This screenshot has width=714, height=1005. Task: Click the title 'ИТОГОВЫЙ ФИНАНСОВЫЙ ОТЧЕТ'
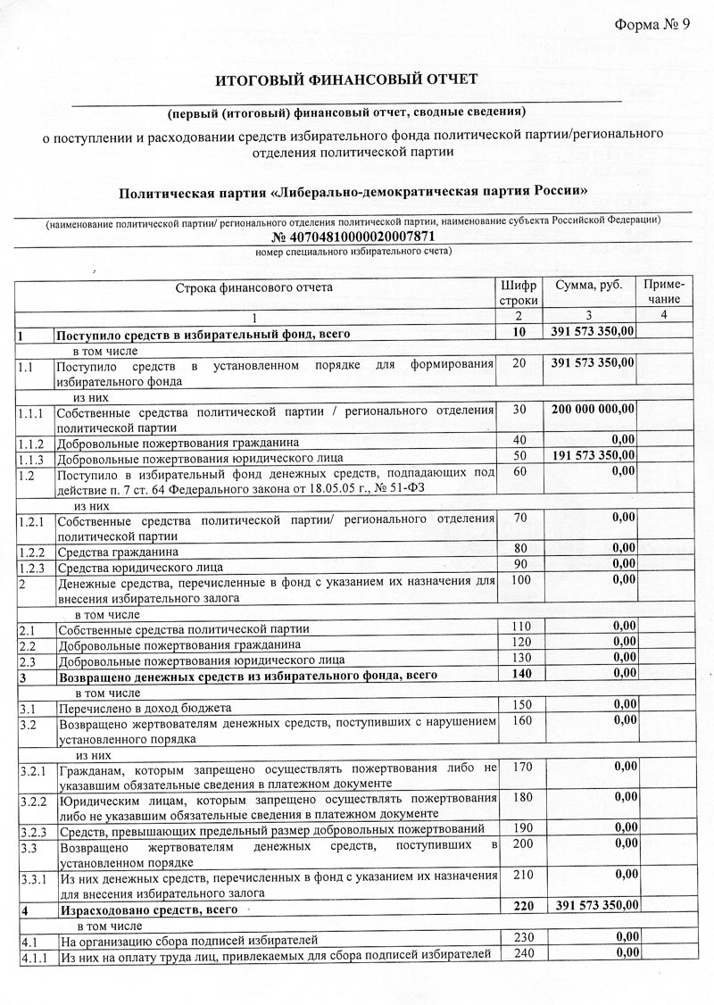tap(347, 80)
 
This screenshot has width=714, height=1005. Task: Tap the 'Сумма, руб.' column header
tap(589, 286)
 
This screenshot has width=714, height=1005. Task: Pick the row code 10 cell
tap(519, 332)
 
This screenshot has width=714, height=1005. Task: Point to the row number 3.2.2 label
tap(32, 801)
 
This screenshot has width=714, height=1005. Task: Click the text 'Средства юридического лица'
tap(140, 568)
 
